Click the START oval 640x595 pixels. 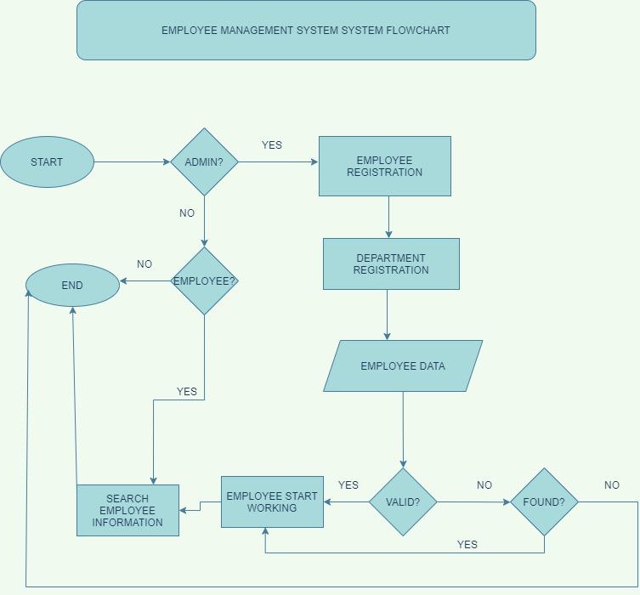pyautogui.click(x=47, y=161)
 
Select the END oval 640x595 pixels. pyautogui.click(x=72, y=285)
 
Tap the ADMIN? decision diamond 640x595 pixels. pyautogui.click(x=204, y=161)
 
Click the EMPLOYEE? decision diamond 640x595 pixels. pyautogui.click(x=204, y=280)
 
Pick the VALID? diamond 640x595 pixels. pyautogui.click(x=403, y=501)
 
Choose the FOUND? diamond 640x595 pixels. pyautogui.click(x=544, y=501)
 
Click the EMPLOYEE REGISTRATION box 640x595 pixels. pyautogui.click(x=384, y=166)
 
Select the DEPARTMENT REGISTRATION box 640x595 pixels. pyautogui.click(x=391, y=263)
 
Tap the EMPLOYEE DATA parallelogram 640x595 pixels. pyautogui.click(x=403, y=365)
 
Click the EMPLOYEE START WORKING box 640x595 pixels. pyautogui.click(x=272, y=501)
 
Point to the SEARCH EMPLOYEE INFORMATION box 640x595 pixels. pyautogui.click(x=127, y=510)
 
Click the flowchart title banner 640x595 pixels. pyautogui.click(x=306, y=30)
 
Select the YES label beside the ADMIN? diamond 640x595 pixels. pyautogui.click(x=272, y=145)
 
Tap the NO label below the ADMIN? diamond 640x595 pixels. pyautogui.click(x=187, y=213)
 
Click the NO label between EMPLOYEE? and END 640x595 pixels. pyautogui.click(x=144, y=264)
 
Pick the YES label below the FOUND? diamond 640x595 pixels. pyautogui.click(x=467, y=544)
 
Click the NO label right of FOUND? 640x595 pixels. pyautogui.click(x=612, y=485)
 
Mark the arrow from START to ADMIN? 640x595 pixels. pyautogui.click(x=132, y=161)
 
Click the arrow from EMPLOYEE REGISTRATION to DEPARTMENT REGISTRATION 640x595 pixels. pyautogui.click(x=388, y=217)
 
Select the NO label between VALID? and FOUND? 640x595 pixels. pyautogui.click(x=484, y=485)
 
